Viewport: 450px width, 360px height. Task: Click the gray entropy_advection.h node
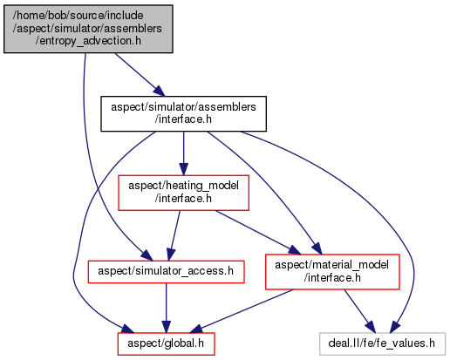(88, 29)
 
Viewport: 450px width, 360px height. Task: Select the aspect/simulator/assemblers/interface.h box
(183, 113)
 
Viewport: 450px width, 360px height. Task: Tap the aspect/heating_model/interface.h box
(183, 193)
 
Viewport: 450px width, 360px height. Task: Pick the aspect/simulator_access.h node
(166, 272)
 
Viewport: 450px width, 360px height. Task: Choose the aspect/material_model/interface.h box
(332, 272)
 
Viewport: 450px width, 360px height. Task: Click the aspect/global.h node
(166, 343)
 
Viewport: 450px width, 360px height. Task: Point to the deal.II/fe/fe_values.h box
(382, 343)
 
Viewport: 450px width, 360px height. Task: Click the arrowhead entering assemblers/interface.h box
(160, 91)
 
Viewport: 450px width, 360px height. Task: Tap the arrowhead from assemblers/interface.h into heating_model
(183, 169)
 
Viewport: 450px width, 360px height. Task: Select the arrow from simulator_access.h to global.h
(166, 308)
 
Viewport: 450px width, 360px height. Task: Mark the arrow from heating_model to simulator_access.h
(174, 235)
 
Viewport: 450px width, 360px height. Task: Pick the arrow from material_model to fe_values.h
(360, 311)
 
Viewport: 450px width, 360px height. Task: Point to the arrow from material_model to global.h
(242, 311)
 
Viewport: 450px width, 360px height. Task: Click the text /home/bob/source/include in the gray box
(78, 16)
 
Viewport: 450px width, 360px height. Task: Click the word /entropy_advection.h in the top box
(88, 41)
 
